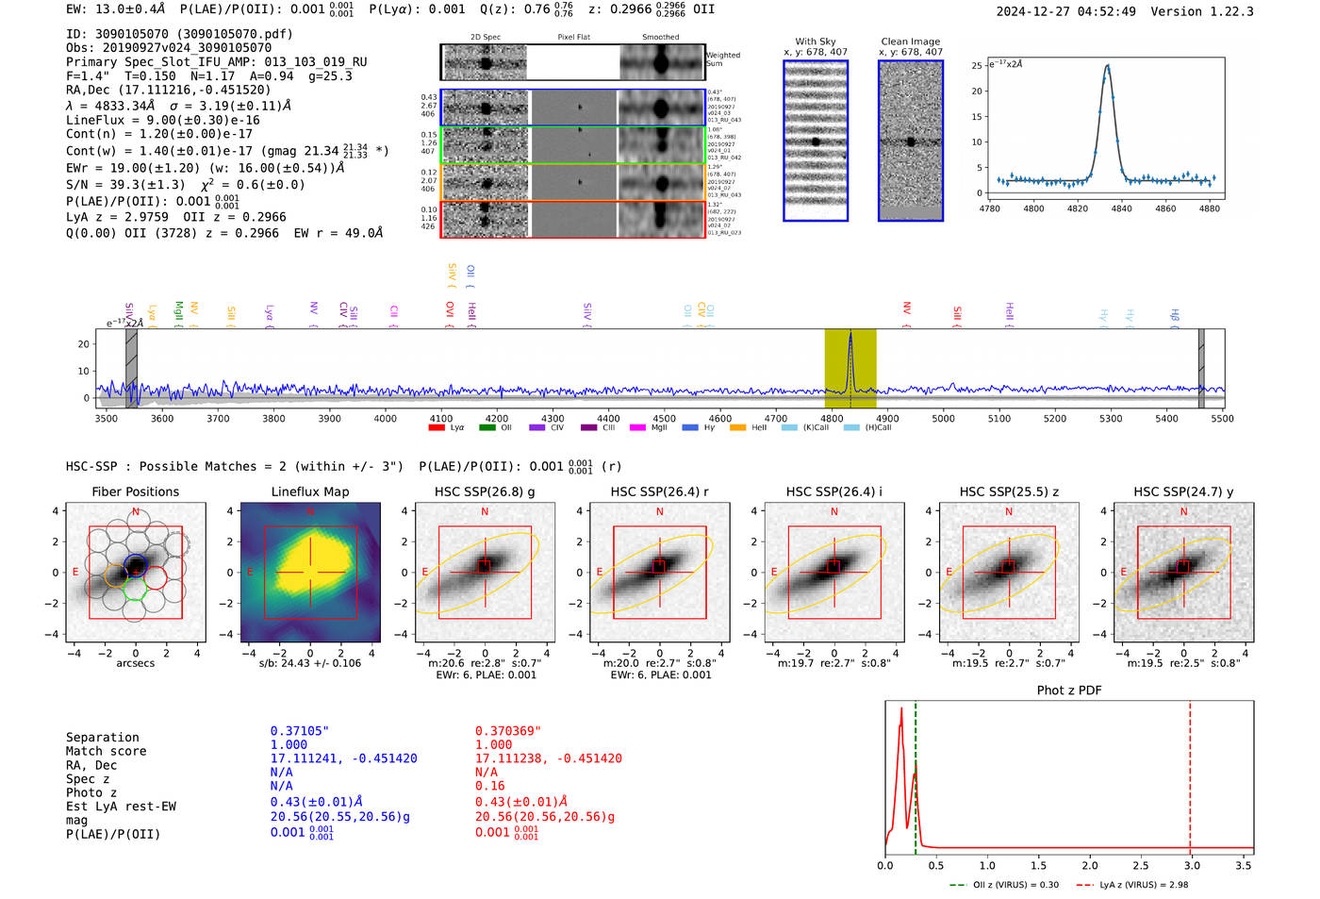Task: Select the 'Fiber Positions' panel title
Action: [135, 491]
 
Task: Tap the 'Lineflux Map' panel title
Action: [309, 491]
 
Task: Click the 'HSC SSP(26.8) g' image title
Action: [485, 491]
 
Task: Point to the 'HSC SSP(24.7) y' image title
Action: [1183, 491]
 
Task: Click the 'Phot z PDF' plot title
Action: [1069, 691]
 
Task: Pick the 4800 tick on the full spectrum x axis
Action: [832, 418]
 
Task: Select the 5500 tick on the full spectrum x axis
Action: [1223, 418]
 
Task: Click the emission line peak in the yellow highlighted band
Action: [850, 334]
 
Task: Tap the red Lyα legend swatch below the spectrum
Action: [437, 427]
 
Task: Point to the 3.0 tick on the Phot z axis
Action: [1192, 865]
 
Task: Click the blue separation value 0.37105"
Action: [299, 731]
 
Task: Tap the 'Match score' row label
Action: [106, 751]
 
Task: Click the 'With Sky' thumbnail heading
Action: [815, 42]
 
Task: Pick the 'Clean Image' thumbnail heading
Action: [910, 42]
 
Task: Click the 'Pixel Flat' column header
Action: [573, 37]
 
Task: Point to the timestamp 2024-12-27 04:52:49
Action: [1065, 11]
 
